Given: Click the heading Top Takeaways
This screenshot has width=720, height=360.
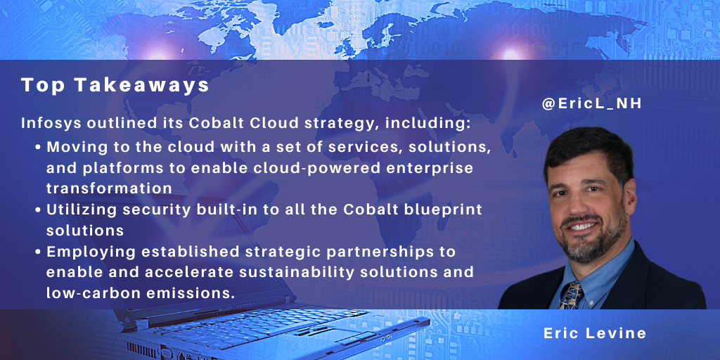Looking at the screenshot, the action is pyautogui.click(x=115, y=86).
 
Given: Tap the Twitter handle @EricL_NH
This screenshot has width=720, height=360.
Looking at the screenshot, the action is pyautogui.click(x=592, y=104).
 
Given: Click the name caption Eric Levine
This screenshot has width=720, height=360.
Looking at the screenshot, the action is pyautogui.click(x=595, y=333).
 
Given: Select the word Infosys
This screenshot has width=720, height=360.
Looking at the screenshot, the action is pyautogui.click(x=47, y=124).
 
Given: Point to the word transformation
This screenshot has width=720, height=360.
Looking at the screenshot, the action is pyautogui.click(x=109, y=188).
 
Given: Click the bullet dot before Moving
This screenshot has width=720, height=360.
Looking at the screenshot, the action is pyautogui.click(x=39, y=148).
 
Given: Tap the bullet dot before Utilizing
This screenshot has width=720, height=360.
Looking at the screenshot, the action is pyautogui.click(x=39, y=210).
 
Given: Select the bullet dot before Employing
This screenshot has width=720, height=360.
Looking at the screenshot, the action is pyautogui.click(x=39, y=252).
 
